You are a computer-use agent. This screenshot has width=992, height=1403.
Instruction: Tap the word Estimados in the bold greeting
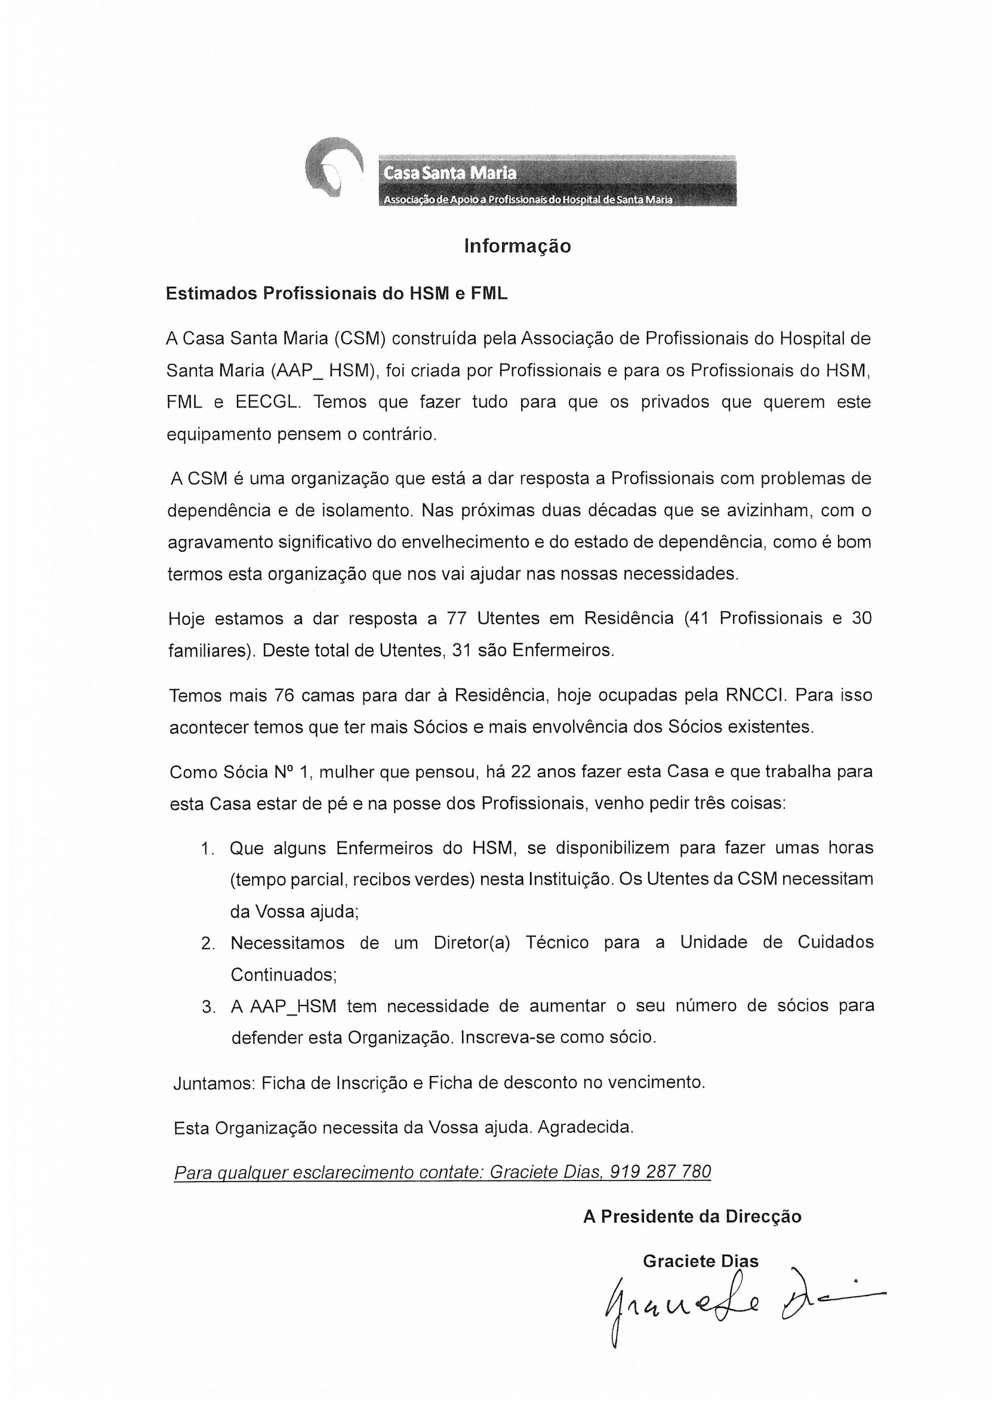pos(211,293)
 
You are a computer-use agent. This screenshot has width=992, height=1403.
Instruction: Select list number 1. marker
pos(208,848)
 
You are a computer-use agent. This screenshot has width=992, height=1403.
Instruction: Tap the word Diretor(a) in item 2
pos(471,942)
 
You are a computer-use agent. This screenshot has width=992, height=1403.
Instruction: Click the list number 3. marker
pos(208,1006)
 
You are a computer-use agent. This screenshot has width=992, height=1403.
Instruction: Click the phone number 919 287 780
pos(661,1171)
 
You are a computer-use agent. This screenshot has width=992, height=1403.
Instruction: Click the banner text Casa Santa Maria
pos(450,173)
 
